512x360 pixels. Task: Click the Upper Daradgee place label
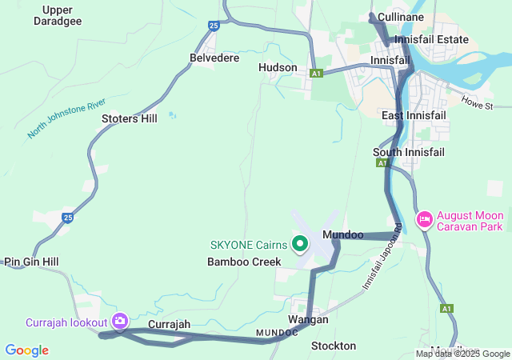pos(57,15)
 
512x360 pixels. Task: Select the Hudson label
pos(278,68)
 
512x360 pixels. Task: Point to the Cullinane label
pos(423,17)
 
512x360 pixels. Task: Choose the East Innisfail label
pos(414,116)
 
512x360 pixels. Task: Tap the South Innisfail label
pos(409,152)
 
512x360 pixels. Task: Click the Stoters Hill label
pos(130,118)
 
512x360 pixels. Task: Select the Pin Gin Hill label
pos(31,262)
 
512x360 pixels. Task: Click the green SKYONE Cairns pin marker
pos(301,242)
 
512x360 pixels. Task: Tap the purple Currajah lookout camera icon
pos(120,321)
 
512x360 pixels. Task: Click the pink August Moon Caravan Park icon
pos(424,218)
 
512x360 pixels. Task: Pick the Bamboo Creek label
pos(244,262)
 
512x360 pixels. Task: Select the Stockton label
pos(333,346)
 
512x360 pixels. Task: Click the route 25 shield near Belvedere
pos(213,26)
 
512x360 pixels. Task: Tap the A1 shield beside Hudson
pos(317,73)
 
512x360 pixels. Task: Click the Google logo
pos(26,350)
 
